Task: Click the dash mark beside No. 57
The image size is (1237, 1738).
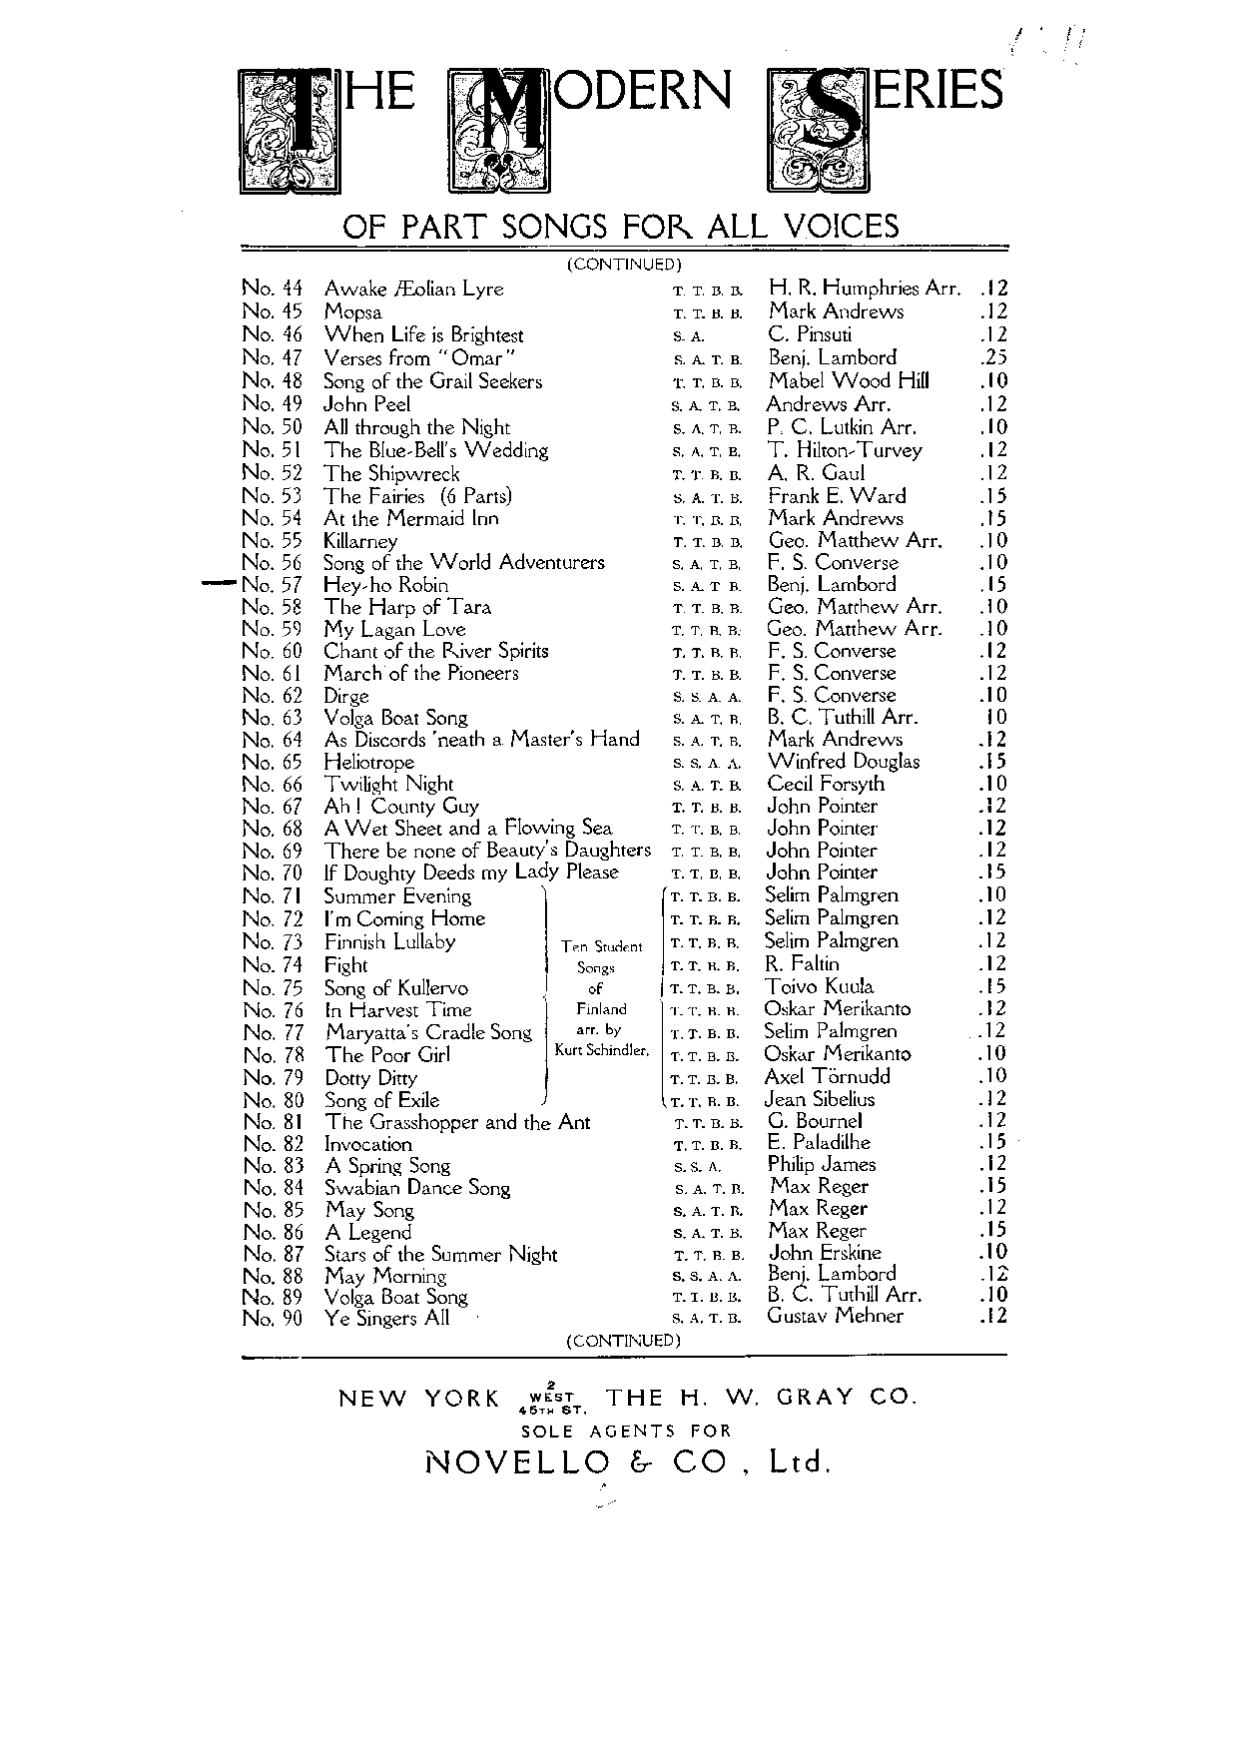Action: (x=219, y=584)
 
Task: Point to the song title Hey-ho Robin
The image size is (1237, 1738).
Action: (x=385, y=586)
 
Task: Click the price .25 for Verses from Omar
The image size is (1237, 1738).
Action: (x=993, y=357)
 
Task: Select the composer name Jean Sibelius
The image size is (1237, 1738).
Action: (x=819, y=1099)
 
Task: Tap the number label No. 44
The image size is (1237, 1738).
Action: (x=273, y=289)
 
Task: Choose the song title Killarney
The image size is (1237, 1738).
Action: (x=360, y=541)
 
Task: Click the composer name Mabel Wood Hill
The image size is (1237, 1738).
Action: (x=848, y=380)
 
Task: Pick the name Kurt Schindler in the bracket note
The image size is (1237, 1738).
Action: (x=602, y=1050)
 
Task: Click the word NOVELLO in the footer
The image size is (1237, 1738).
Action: (x=517, y=1462)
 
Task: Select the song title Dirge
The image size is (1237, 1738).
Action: (x=346, y=696)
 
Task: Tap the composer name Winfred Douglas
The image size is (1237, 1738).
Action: (x=844, y=762)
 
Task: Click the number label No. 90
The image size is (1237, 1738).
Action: (x=273, y=1319)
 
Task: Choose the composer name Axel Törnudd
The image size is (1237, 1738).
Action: (x=827, y=1076)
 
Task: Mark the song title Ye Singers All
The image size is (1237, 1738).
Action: (x=386, y=1319)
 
